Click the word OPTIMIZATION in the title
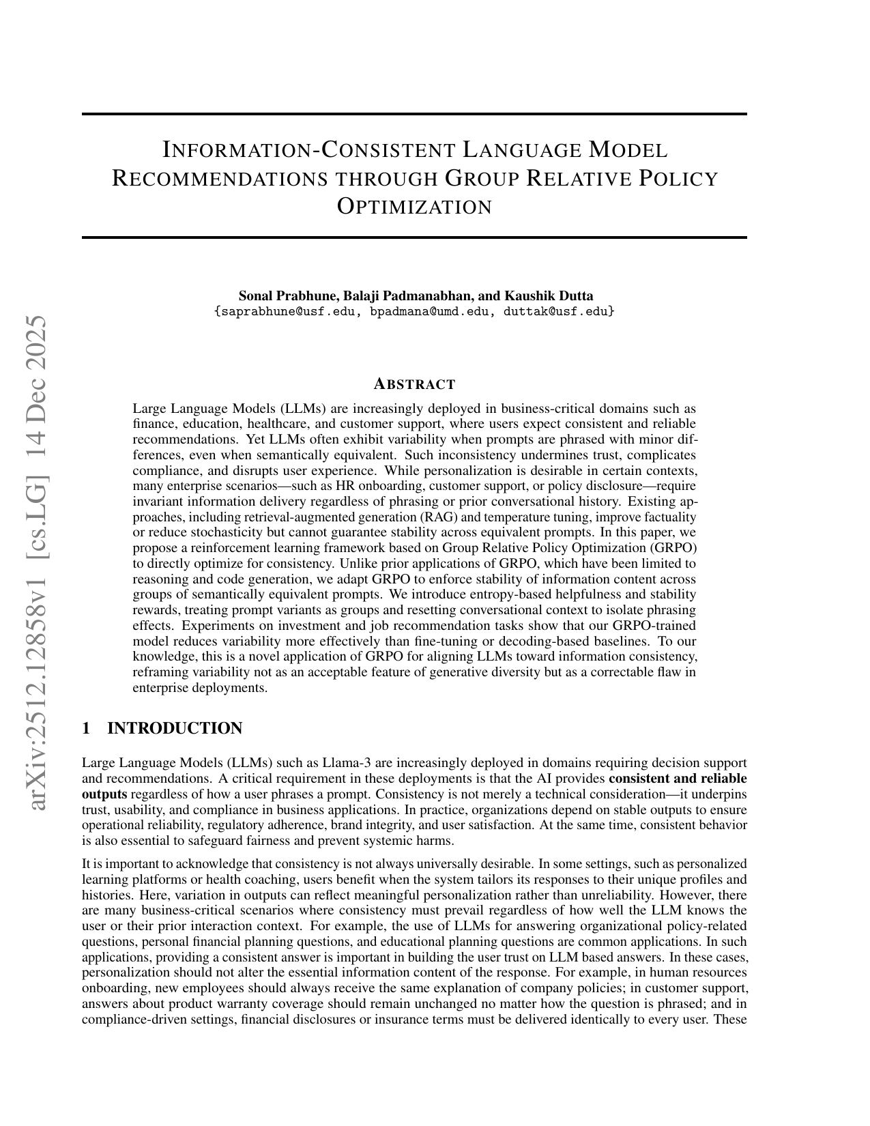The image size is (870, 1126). [x=415, y=206]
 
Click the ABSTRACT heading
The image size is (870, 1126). [x=414, y=384]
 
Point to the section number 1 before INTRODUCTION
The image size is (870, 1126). [x=86, y=728]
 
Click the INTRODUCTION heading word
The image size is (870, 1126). [x=175, y=728]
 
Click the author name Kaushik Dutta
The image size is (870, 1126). [x=549, y=295]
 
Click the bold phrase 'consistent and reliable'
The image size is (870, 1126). [x=678, y=778]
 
